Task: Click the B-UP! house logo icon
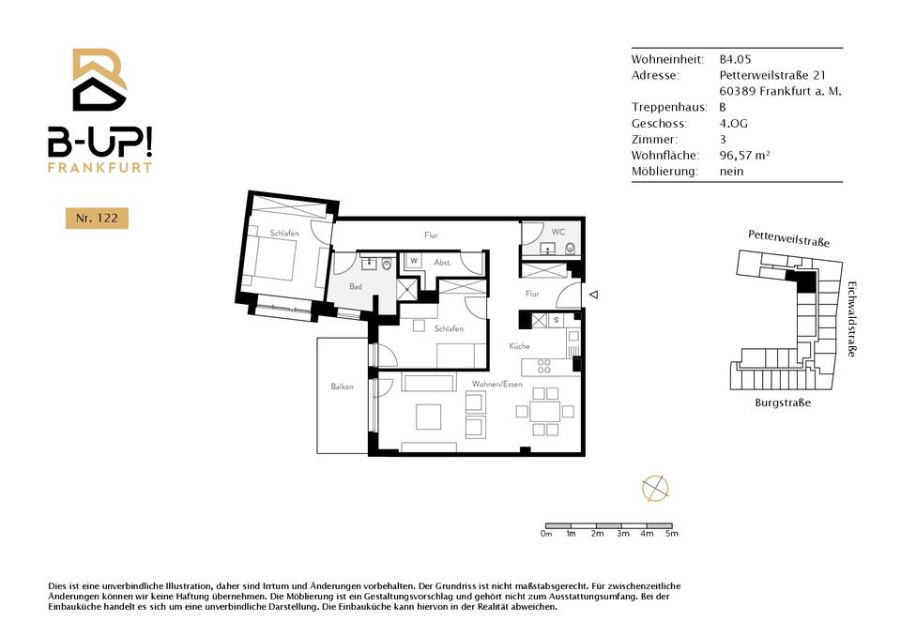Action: click(x=99, y=80)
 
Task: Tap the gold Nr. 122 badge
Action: click(x=97, y=219)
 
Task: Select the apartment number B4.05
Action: click(x=735, y=59)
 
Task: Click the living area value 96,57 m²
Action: click(x=744, y=155)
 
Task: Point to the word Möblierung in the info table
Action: click(x=664, y=171)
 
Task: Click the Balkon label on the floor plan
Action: click(x=342, y=387)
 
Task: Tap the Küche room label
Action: click(x=519, y=346)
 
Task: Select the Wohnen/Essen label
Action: click(x=497, y=384)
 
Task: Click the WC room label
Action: click(x=557, y=232)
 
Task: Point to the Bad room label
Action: click(x=356, y=286)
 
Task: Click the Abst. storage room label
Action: click(x=442, y=263)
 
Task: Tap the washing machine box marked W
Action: click(x=414, y=261)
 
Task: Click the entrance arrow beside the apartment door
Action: click(x=594, y=294)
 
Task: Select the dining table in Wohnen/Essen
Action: click(x=544, y=411)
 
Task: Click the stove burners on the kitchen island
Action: click(x=543, y=367)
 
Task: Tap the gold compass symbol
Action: click(x=655, y=489)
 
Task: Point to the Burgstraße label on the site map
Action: click(x=783, y=402)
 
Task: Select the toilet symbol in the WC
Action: click(x=570, y=249)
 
